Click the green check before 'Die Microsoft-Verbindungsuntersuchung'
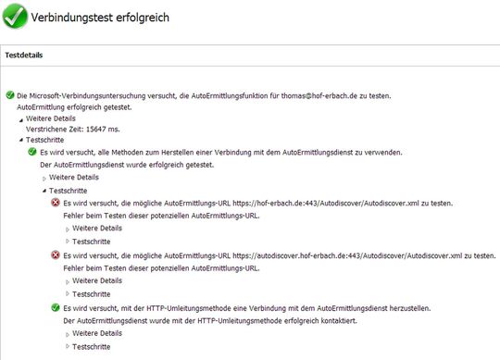pyautogui.click(x=10, y=95)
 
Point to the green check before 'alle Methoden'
pyautogui.click(x=31, y=152)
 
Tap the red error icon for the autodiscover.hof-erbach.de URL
pyautogui.click(x=56, y=254)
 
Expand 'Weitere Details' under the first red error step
pyautogui.click(x=97, y=228)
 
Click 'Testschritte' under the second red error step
pyautogui.click(x=91, y=292)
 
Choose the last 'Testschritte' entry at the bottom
pyautogui.click(x=91, y=345)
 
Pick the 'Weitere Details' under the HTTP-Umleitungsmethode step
pyautogui.click(x=97, y=332)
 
